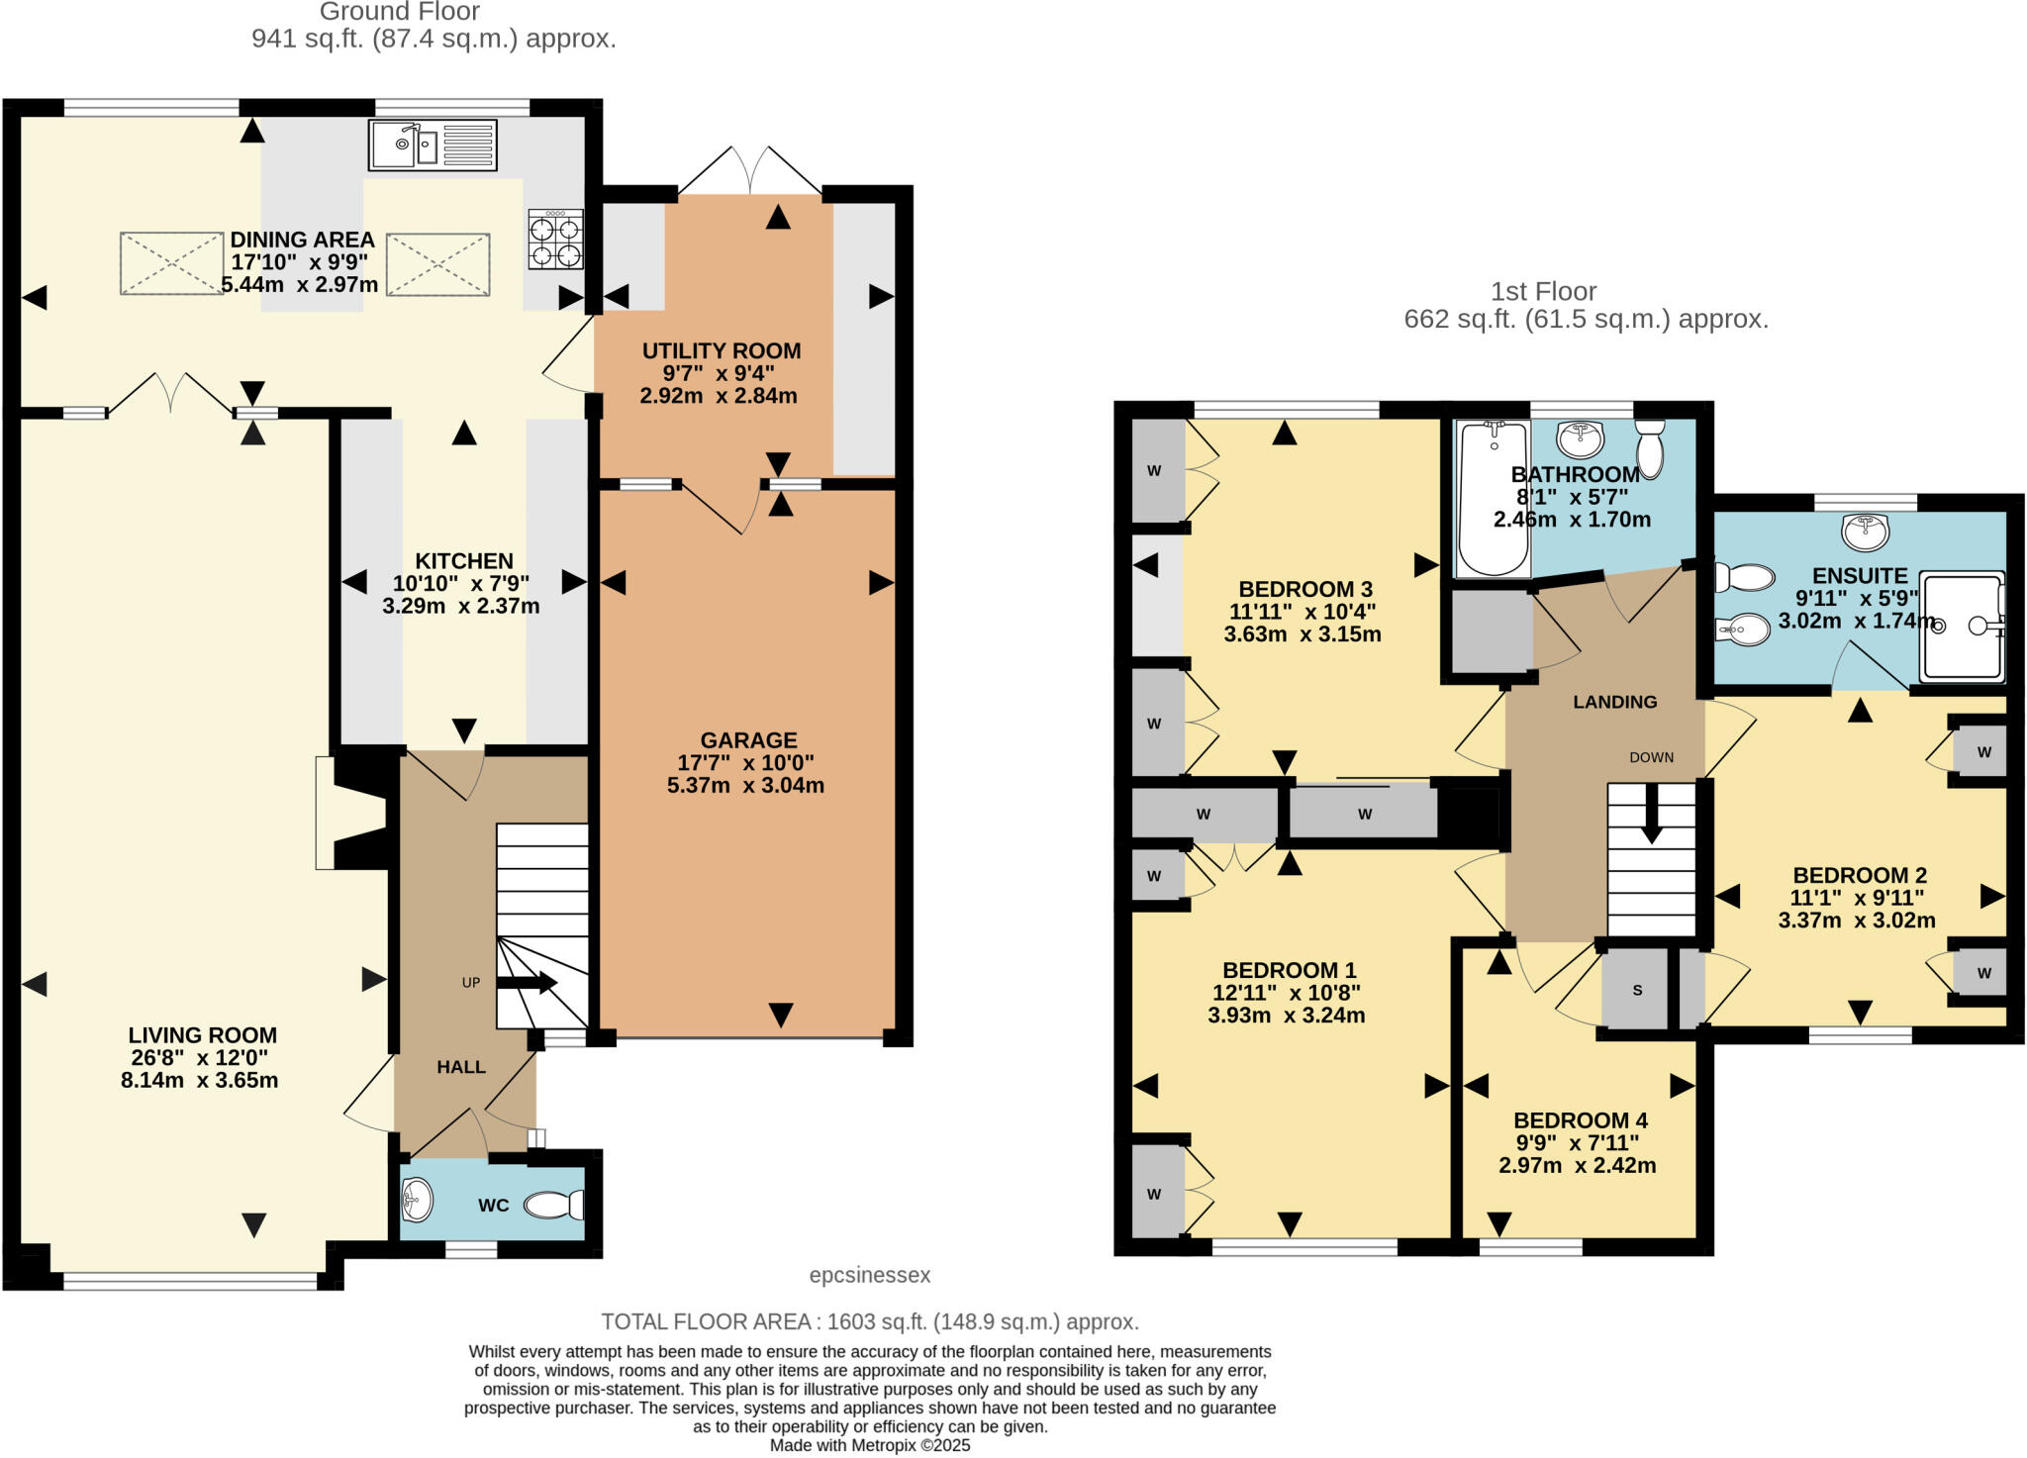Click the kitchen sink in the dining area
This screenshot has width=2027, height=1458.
(x=433, y=146)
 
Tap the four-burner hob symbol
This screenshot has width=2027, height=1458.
(x=555, y=240)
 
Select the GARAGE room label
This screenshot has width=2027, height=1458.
(x=748, y=740)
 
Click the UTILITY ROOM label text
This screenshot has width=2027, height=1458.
(x=721, y=351)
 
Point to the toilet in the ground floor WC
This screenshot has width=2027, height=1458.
(x=554, y=1205)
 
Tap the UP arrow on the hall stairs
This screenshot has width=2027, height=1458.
(x=526, y=982)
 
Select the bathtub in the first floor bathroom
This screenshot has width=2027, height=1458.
(x=1493, y=498)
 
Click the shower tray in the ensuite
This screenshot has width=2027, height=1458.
(x=1962, y=627)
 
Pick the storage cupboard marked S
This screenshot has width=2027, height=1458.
(x=1637, y=990)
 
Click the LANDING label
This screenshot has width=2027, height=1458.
(x=1614, y=702)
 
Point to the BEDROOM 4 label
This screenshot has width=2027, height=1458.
(x=1580, y=1120)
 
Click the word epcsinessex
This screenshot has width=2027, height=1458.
(x=870, y=1275)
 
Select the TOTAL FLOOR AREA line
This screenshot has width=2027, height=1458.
(x=870, y=1321)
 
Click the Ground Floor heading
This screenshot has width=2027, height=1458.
(x=399, y=12)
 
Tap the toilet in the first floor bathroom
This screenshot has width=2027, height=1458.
(x=1650, y=448)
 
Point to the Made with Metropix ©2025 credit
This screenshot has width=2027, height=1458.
(x=870, y=1445)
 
